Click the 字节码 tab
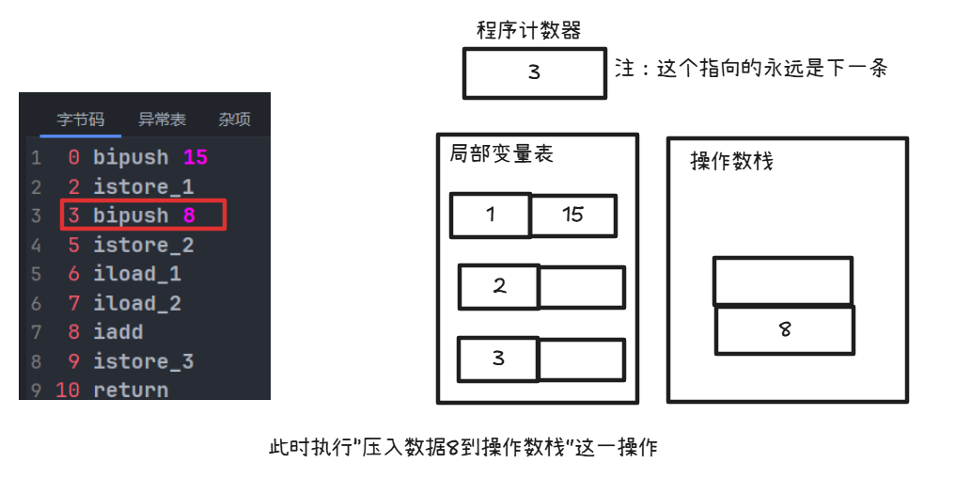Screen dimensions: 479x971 click(81, 120)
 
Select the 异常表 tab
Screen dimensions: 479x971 click(162, 120)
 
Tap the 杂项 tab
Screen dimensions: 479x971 click(234, 120)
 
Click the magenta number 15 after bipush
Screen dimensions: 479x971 click(196, 157)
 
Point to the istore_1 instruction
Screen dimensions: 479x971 click(143, 186)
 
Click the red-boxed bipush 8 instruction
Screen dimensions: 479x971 click(143, 216)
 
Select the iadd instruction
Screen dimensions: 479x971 click(117, 332)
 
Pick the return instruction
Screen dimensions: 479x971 click(131, 390)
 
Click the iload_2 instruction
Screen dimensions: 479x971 click(137, 303)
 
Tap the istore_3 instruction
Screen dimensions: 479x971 click(143, 361)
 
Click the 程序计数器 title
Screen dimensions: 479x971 click(529, 30)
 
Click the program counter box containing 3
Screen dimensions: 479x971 click(534, 72)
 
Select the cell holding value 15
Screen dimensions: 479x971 click(573, 216)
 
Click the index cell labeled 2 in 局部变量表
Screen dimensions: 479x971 click(499, 287)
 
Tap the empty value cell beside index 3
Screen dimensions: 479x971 click(581, 359)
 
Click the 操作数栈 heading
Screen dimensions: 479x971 click(731, 161)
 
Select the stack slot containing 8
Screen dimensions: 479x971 click(785, 330)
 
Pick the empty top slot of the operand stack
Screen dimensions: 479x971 click(783, 280)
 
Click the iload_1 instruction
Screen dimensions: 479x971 click(137, 274)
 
